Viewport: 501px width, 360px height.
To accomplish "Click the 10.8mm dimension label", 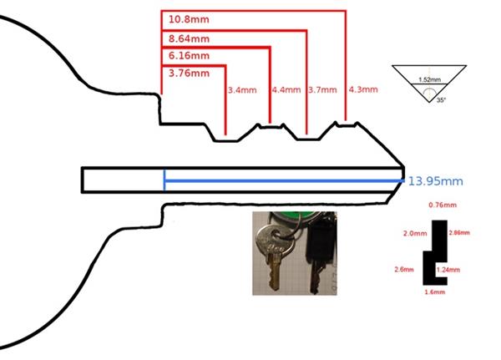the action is tap(189, 19).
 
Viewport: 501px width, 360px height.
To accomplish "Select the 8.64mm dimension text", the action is tap(190, 39).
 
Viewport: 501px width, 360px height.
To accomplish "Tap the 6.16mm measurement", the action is tap(190, 56).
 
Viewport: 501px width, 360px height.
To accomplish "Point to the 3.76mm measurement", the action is tap(190, 74).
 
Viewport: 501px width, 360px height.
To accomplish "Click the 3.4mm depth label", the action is tap(242, 90).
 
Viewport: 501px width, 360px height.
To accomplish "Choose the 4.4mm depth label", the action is tap(286, 90).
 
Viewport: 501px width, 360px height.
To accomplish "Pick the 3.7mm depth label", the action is tap(322, 90).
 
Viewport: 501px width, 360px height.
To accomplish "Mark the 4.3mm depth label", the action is tap(363, 89).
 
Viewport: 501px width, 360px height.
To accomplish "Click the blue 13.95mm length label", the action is tap(436, 181).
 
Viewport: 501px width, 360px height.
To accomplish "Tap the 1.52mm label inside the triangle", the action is tap(430, 79).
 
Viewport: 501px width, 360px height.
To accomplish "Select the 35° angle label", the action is tap(441, 100).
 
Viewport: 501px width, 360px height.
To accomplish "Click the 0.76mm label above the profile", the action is tap(443, 205).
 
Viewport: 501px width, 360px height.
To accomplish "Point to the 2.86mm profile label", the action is tap(459, 233).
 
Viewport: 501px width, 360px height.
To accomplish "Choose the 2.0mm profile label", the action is tap(415, 234).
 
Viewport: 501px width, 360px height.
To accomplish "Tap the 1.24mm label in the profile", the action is tap(448, 270).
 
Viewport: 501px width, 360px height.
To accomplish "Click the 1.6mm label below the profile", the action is tap(435, 292).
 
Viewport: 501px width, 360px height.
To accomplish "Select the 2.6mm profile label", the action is tap(404, 270).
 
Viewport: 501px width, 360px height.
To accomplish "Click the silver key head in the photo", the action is tap(275, 240).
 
